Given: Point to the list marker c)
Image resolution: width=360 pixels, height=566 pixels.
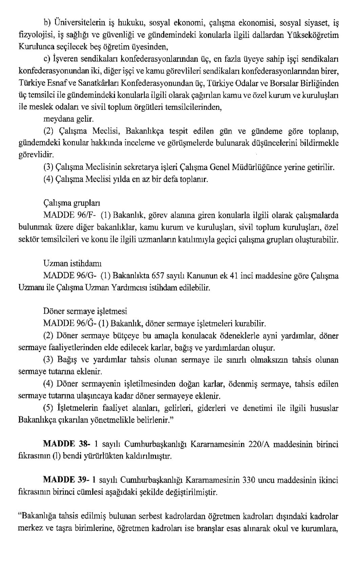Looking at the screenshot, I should pos(47,59).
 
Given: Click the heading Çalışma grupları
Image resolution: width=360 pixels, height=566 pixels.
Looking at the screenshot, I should pos(72,203).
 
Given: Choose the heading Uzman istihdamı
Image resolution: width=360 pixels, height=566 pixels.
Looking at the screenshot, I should pos(72,263).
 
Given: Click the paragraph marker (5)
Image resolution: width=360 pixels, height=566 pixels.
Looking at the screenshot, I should pos(48,408).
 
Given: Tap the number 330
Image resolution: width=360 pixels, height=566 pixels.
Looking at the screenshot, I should pos(250,480).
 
